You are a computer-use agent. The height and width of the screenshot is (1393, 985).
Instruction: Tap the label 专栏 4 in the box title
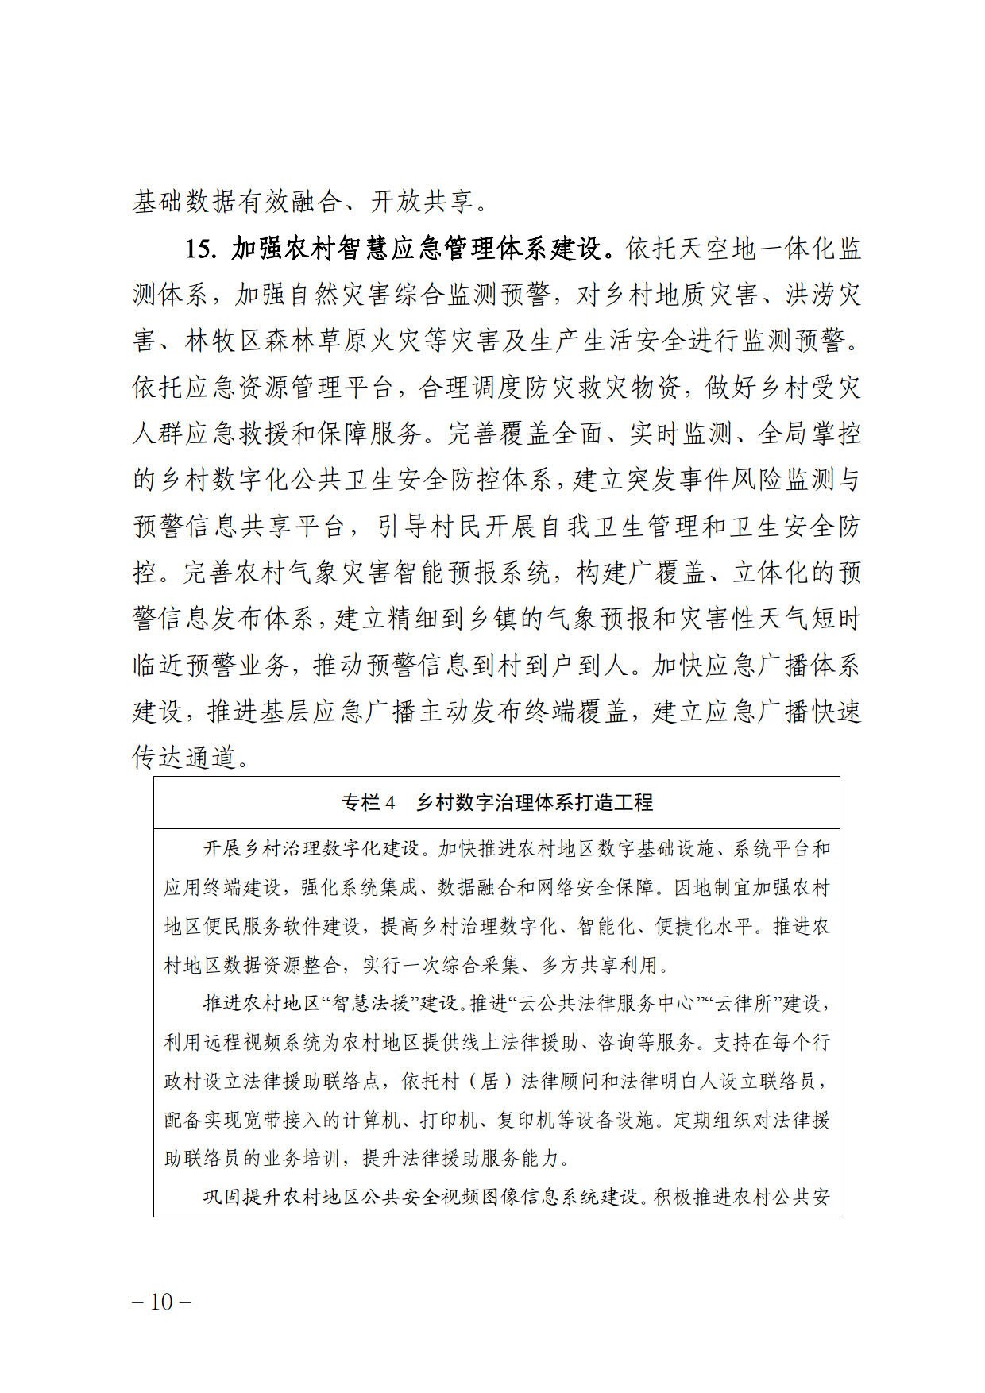[368, 803]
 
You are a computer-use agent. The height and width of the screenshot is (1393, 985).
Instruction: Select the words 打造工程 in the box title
[613, 803]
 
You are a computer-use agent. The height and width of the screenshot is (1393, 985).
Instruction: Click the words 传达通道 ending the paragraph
[184, 758]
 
